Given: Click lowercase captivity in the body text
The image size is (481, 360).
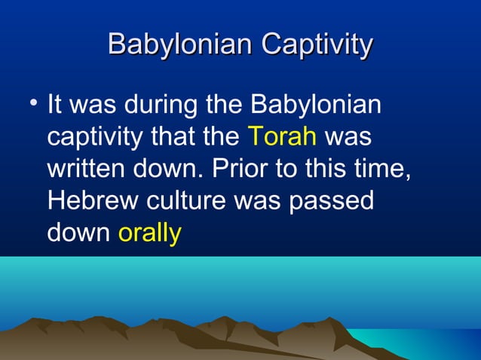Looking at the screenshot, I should (96, 137).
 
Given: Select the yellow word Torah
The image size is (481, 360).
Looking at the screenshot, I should (281, 137).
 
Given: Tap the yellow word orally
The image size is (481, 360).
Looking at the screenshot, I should (150, 234).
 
